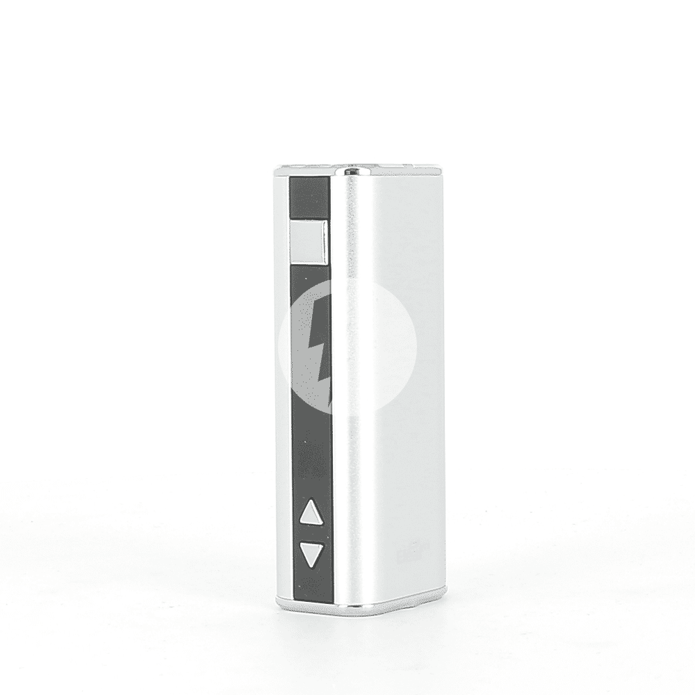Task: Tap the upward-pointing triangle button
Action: tap(311, 514)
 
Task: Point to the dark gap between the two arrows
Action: tap(311, 534)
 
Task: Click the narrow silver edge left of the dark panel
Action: tap(280, 382)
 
